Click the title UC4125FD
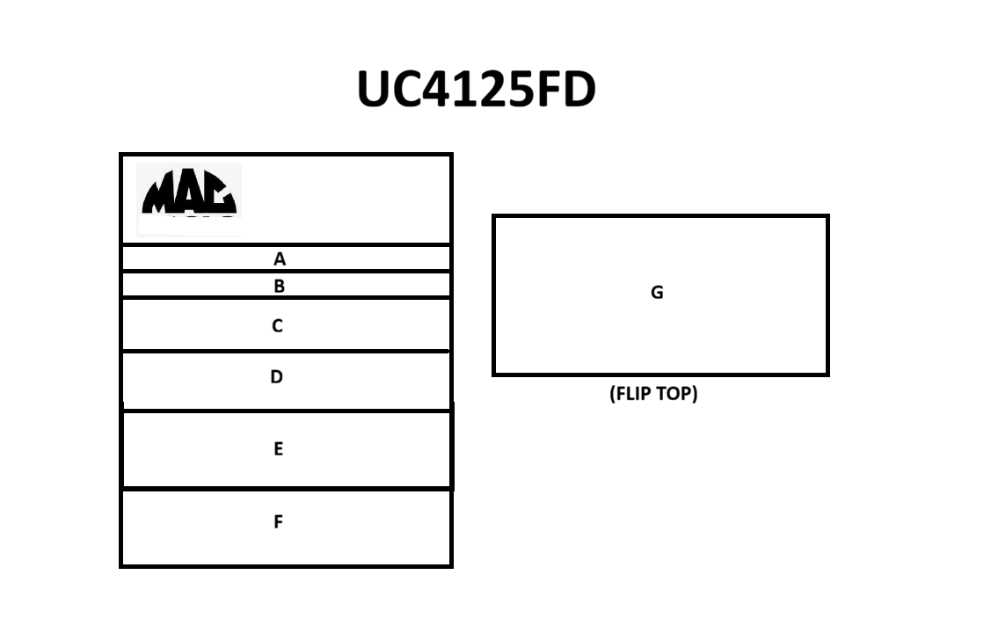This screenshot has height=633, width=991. click(477, 89)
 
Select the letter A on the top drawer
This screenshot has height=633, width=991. click(280, 259)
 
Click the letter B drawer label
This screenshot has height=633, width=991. click(280, 287)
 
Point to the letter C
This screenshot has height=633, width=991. click(278, 326)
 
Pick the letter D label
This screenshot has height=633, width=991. click(276, 377)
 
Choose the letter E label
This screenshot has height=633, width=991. click(278, 448)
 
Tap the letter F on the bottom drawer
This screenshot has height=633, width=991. click(278, 522)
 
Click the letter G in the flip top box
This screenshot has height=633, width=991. click(658, 293)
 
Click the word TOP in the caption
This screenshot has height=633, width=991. click(677, 394)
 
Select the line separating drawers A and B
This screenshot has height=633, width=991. click(286, 271)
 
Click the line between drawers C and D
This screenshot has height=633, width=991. click(286, 351)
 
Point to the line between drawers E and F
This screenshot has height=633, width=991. click(287, 488)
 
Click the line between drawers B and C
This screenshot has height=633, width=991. click(286, 297)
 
